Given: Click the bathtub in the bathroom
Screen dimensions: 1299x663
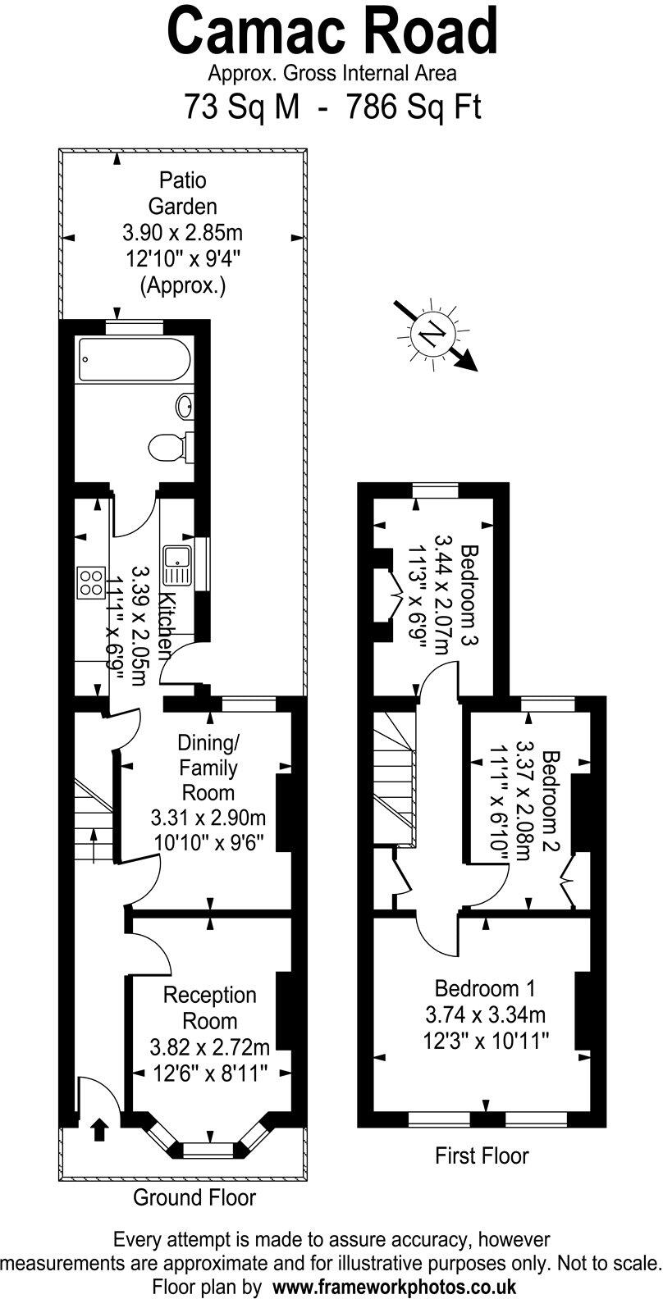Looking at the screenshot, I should point(135,359).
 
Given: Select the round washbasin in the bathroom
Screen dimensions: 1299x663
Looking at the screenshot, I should point(185,404).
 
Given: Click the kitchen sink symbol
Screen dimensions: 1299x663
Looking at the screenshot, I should point(176,565).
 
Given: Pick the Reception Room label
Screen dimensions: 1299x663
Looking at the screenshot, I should point(210,1008).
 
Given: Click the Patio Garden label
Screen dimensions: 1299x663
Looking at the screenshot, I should point(183,193).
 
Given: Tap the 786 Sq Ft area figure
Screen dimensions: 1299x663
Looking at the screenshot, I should point(414,107).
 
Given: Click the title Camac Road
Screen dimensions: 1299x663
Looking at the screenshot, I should point(332,31).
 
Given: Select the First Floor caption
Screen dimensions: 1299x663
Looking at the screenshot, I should point(481,1155).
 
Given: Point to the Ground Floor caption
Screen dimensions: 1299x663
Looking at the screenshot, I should point(194,1197).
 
